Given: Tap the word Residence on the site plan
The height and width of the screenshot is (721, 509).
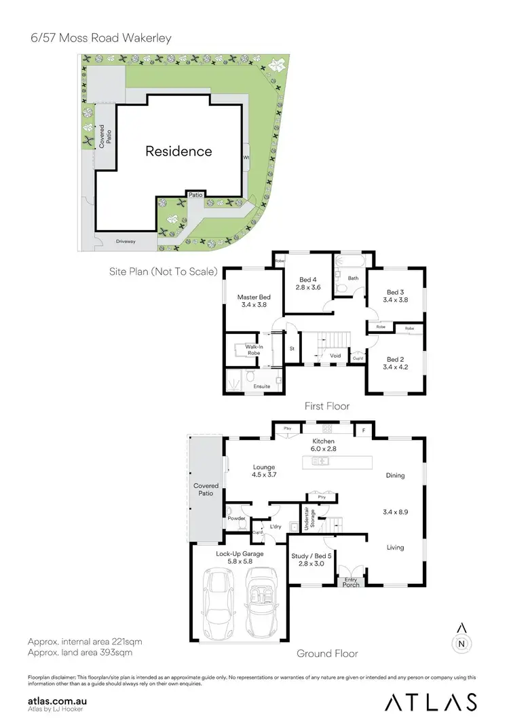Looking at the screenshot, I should [x=178, y=151].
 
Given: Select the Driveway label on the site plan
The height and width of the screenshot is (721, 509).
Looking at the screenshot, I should [x=126, y=241].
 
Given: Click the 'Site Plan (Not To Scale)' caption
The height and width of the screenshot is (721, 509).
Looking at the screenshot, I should [x=163, y=272].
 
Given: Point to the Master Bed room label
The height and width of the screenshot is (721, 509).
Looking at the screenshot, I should [x=254, y=301].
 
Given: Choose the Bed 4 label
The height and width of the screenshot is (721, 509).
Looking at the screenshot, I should [x=307, y=284].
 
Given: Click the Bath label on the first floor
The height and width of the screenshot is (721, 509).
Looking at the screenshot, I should [x=353, y=278].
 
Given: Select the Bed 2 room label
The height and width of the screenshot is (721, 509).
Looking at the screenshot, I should [x=396, y=363].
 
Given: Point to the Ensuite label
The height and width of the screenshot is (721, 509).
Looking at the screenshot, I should [x=261, y=386].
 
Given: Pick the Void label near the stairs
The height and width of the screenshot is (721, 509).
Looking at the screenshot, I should [x=335, y=355].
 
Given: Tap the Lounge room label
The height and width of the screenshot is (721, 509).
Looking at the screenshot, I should [x=263, y=471].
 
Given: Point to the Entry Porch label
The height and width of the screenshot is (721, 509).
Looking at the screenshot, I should [x=351, y=582].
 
